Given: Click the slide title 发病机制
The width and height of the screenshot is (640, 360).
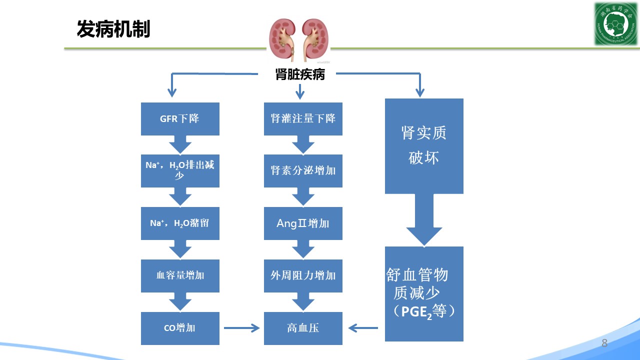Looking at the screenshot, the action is [x=113, y=29].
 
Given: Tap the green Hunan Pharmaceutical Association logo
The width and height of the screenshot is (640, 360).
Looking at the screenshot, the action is [x=615, y=23].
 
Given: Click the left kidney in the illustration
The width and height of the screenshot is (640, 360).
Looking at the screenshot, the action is [x=283, y=39].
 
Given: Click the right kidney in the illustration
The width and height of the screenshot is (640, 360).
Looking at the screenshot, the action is [x=314, y=39].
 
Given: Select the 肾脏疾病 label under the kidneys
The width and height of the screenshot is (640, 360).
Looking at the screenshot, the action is [x=300, y=74].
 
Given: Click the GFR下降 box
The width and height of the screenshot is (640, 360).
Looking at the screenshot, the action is [x=180, y=119].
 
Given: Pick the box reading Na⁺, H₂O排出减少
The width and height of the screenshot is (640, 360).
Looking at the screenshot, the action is [x=180, y=171].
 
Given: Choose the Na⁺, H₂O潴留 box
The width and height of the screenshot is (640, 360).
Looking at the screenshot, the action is [x=180, y=223].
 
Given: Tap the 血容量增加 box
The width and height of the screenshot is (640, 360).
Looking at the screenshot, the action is [x=180, y=275].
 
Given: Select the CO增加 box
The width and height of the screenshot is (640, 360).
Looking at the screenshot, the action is [x=180, y=328].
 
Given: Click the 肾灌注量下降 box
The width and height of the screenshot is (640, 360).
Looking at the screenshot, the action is [x=303, y=119].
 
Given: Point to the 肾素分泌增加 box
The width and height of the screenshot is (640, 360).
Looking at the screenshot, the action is [x=303, y=171].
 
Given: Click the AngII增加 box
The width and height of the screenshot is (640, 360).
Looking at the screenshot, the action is [x=303, y=223].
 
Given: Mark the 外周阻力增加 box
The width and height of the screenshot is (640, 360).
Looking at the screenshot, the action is [x=303, y=275].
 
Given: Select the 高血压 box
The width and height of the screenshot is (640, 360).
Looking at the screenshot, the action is [x=303, y=328].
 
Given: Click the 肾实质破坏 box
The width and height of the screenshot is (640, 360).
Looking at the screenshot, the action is [x=424, y=146].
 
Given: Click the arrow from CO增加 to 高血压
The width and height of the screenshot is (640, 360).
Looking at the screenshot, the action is [x=241, y=328].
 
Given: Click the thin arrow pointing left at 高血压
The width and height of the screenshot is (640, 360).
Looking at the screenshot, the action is [x=363, y=328].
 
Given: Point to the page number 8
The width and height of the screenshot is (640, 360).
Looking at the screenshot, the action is [x=604, y=343].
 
